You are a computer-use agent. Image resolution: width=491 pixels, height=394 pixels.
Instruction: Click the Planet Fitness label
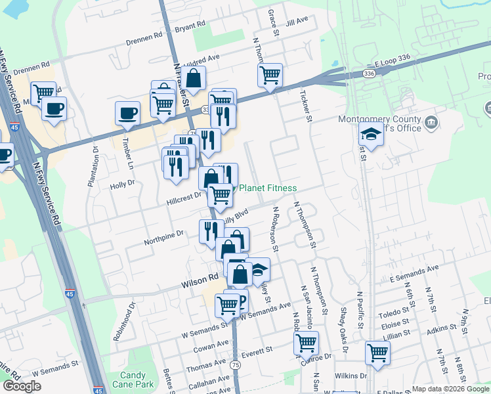tap(268, 188)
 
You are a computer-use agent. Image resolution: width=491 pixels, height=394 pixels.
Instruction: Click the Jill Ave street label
tap(297, 20)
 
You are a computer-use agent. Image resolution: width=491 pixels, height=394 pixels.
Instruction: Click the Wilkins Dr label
tap(350, 376)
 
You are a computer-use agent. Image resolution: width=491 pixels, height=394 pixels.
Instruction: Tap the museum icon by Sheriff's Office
tap(431, 122)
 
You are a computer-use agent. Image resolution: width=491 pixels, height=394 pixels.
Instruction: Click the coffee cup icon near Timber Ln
tap(127, 112)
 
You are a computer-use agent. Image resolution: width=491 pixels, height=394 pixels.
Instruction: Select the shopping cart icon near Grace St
tap(270, 75)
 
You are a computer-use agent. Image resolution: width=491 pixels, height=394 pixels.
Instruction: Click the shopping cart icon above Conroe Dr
tap(306, 342)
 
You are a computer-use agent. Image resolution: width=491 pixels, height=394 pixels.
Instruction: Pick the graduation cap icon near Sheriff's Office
tap(371, 135)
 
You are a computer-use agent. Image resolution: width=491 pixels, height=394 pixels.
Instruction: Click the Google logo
tap(22, 386)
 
